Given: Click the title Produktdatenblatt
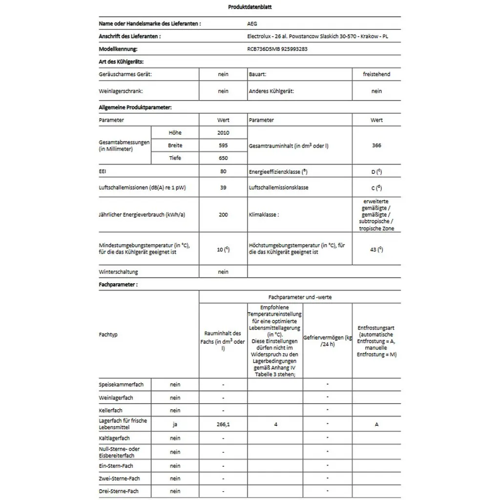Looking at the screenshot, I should tap(250, 7).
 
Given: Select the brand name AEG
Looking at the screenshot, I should tap(252, 23).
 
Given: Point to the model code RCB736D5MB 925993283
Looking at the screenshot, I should tap(277, 49).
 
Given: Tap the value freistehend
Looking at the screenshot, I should tap(376, 74).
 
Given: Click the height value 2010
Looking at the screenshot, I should tap(223, 133).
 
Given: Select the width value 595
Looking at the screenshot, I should tap(223, 146).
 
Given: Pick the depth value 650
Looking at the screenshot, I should tap(223, 158).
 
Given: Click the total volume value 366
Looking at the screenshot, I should tap(376, 146).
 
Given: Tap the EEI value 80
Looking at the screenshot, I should tap(223, 172).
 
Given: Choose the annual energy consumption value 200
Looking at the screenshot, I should tap(223, 215).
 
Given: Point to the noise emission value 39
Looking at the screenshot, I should tap(223, 187).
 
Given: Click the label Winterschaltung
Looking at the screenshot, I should tap(118, 272).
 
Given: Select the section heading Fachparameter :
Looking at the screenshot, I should tap(118, 284).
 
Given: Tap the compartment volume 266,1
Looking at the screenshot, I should tap(223, 424).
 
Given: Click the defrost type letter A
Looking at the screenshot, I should tap(376, 424).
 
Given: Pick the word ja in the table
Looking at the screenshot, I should tap(175, 424).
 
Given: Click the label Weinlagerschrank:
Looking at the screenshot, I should tap(121, 91).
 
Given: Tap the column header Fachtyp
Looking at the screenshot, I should tap(108, 335).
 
